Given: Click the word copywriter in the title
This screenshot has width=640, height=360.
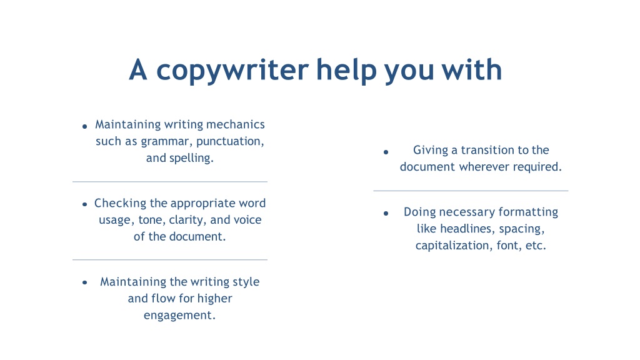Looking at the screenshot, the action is coord(232,71).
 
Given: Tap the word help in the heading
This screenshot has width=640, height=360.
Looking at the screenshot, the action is coord(346,70).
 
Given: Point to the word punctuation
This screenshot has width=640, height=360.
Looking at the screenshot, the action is coord(230,141).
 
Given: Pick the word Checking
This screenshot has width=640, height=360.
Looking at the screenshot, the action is coord(121,203).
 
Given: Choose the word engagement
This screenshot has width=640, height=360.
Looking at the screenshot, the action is coord(179,316).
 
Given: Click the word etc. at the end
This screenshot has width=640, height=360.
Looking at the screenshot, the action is coord(536,246).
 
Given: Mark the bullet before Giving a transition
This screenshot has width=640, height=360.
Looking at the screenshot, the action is coord(386,152).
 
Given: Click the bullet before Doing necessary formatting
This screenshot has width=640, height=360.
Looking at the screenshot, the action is coord(386,214).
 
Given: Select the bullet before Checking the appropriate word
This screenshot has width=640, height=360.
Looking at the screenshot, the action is coord(84,204).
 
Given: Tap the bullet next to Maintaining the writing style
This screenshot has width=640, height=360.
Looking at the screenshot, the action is coord(84,282).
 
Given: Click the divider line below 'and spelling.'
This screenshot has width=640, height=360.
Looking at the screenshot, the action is coord(170,182).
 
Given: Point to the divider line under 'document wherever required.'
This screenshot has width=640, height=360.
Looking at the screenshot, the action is coord(471,191).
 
